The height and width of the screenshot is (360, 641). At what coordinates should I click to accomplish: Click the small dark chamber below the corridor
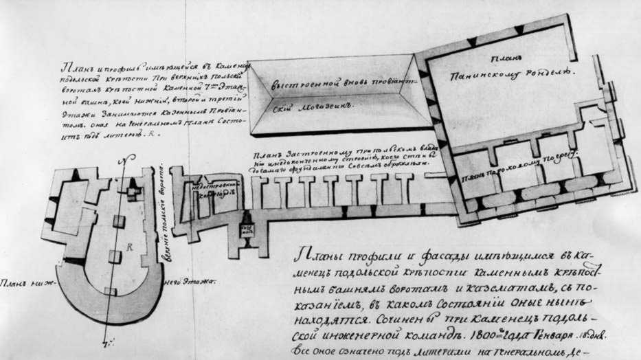pos(247,229)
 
